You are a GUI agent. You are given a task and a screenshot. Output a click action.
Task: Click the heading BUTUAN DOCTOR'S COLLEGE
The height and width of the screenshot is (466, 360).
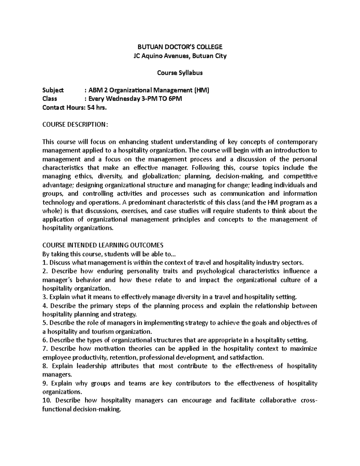click(x=180, y=47)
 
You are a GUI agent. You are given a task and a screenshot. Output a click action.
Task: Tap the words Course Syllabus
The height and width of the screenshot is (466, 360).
click(x=180, y=73)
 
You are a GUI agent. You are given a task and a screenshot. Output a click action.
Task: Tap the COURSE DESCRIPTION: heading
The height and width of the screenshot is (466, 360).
click(x=74, y=125)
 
